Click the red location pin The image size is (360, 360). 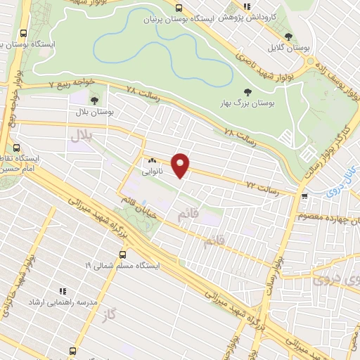point(181,165)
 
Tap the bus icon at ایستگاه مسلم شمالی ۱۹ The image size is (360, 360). point(123,255)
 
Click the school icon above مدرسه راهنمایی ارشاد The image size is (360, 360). point(63,290)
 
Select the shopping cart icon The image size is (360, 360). point(304,197)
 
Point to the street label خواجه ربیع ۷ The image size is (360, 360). point(51,85)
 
